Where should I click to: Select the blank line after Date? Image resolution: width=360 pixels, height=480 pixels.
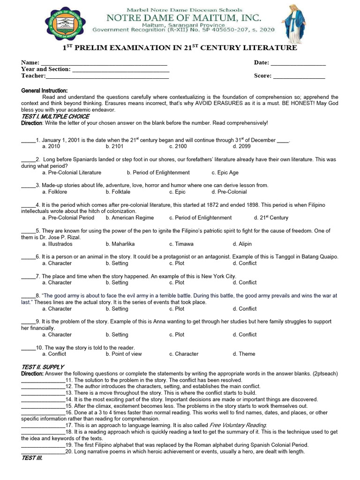point(298,63)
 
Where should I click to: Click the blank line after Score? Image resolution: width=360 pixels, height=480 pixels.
point(299,76)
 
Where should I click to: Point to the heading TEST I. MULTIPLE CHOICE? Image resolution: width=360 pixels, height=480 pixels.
point(55,116)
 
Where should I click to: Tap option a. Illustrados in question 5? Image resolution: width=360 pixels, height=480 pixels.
point(57,244)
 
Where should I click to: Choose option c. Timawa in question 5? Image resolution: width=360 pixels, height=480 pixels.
point(181,244)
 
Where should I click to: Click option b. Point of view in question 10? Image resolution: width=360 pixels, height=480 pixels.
point(124,354)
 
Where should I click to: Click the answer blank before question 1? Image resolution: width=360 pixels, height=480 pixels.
point(28,140)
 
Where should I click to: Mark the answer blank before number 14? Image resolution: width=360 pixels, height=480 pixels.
point(43,399)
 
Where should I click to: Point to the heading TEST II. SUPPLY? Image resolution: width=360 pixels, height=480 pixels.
point(43,367)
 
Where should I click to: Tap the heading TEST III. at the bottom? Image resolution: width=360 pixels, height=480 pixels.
point(32,458)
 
